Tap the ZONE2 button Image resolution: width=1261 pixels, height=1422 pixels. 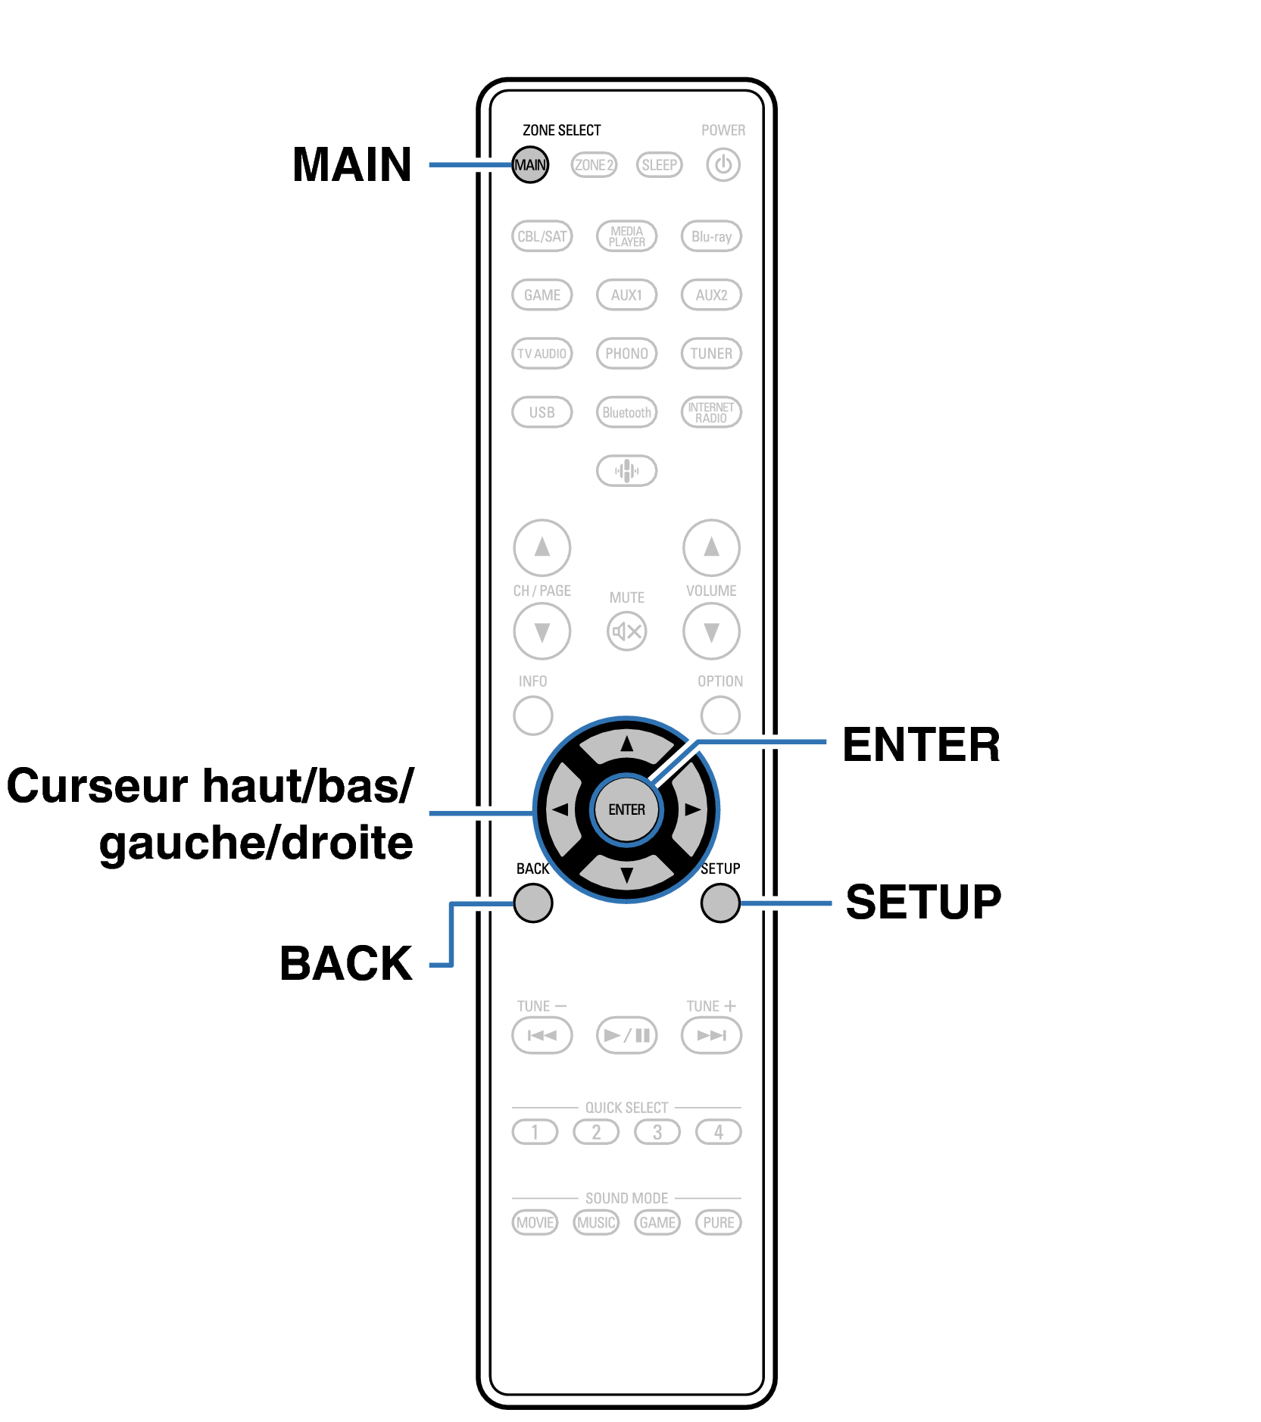coord(594,164)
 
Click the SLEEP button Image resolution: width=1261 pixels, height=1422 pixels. coord(659,164)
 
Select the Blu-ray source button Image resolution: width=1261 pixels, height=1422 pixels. coord(711,236)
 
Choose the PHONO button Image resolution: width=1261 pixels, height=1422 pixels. coord(626,353)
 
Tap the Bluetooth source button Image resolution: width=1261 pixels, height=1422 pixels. coord(626,412)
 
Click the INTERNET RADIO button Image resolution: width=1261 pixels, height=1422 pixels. coord(711,412)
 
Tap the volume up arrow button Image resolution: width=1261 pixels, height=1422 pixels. coord(711,547)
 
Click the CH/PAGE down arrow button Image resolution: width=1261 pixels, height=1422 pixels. coord(542,631)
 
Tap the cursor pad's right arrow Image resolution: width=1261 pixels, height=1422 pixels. coord(692,809)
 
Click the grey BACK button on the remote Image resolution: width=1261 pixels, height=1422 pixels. coord(532,903)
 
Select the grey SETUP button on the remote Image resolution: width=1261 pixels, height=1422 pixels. coord(720,903)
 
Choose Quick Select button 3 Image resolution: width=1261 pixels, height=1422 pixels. coord(657,1132)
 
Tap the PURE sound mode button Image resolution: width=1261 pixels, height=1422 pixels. coord(718,1222)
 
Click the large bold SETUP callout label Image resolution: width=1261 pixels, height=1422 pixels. coord(923,902)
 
